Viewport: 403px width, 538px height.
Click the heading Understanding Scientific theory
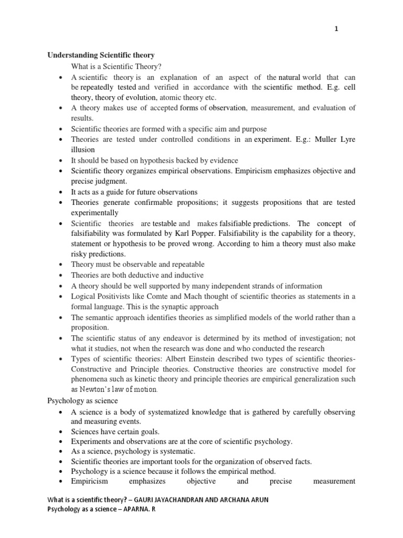(101, 55)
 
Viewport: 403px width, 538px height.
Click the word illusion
(83, 150)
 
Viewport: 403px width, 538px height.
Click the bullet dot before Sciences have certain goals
(62, 431)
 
